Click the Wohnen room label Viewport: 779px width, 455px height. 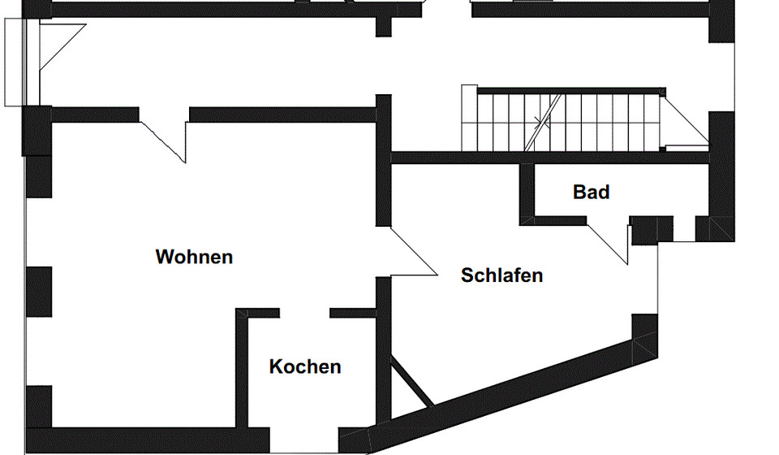tap(194, 258)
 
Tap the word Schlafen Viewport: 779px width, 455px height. tap(501, 275)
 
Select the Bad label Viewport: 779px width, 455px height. tap(591, 193)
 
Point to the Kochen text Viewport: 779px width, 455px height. tap(305, 367)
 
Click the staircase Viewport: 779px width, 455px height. tap(568, 120)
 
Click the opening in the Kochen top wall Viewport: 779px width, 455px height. tap(304, 313)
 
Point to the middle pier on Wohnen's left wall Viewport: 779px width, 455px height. tap(38, 291)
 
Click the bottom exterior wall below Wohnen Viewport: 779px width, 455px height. tap(146, 440)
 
